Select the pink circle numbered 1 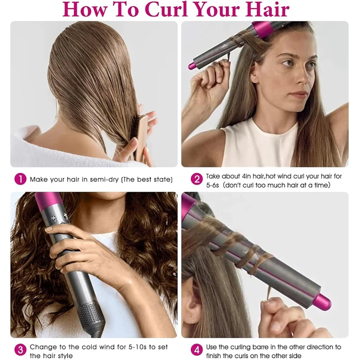20,179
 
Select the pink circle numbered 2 197,179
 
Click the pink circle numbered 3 20,350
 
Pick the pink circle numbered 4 197,350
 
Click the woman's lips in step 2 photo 299,95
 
